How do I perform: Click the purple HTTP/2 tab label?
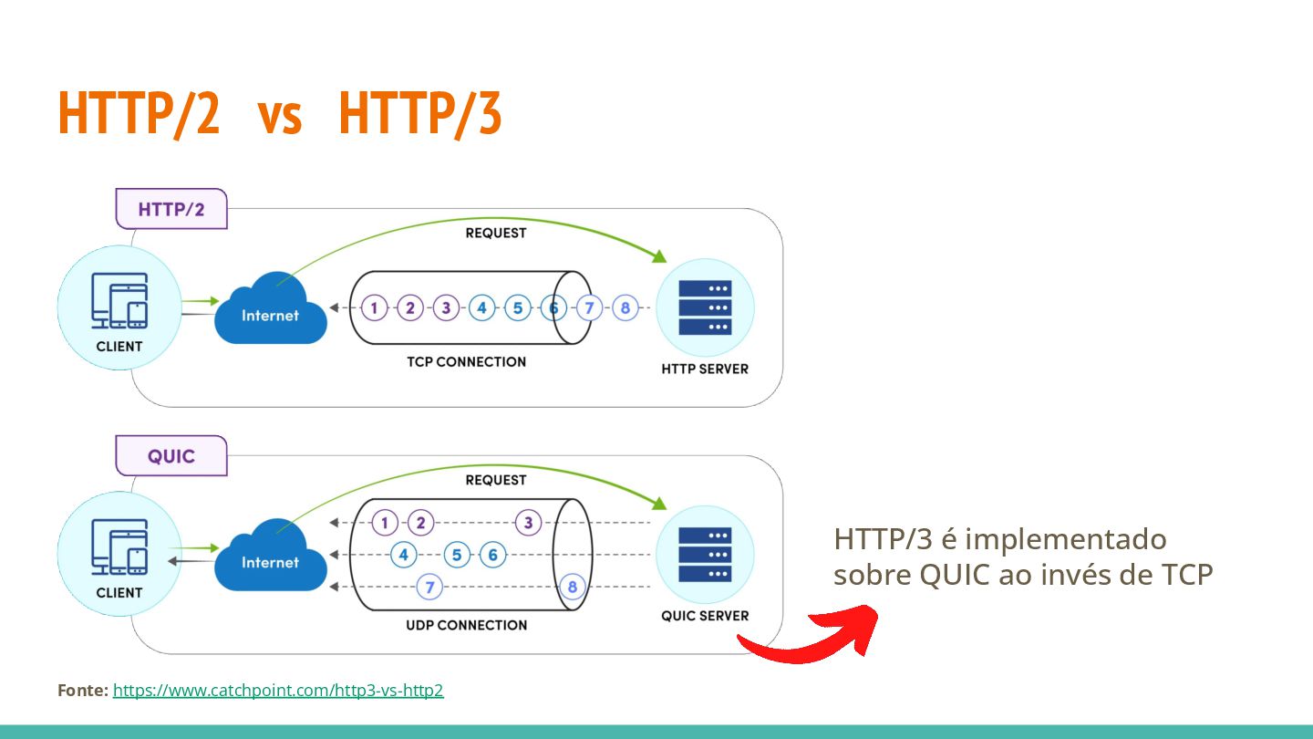pos(171,209)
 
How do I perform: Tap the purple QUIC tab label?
pos(171,455)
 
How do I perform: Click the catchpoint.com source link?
pos(278,691)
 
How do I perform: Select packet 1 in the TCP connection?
pos(374,307)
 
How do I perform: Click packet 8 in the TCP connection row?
pos(625,307)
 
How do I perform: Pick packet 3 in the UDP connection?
pos(528,523)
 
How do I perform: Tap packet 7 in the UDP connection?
pos(429,586)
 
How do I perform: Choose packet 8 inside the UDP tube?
pos(573,586)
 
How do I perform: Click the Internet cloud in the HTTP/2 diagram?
pos(270,314)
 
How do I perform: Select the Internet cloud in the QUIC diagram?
pos(270,560)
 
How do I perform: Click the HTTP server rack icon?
pos(705,307)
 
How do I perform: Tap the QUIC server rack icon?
pos(705,555)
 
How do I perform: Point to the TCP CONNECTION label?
pos(466,362)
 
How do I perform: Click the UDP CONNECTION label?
pos(466,625)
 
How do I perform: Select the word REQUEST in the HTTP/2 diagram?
pos(496,233)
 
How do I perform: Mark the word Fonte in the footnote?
pos(82,691)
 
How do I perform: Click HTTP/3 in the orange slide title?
pos(419,114)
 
